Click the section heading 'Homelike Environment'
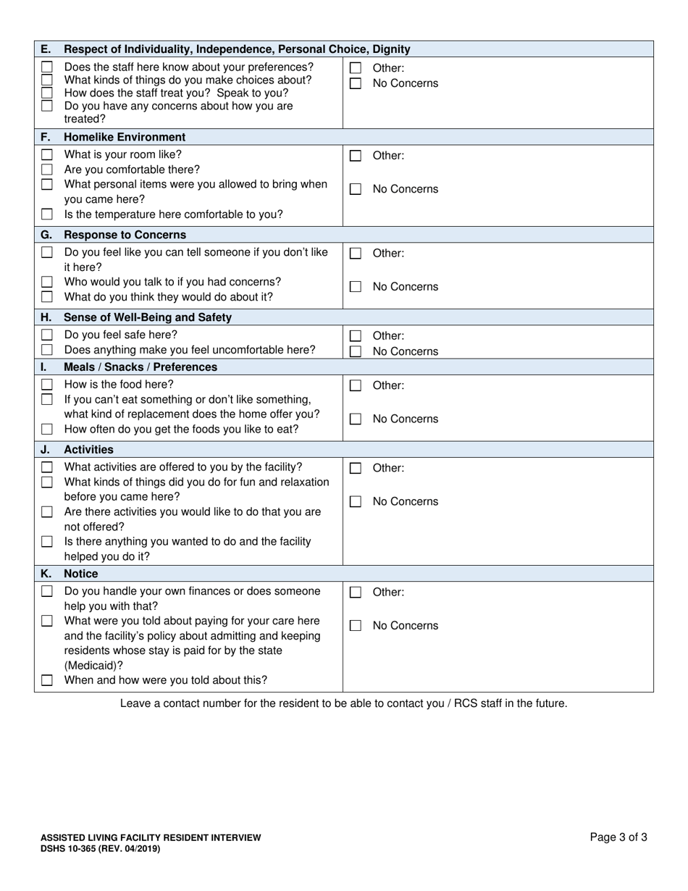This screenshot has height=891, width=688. coord(125,137)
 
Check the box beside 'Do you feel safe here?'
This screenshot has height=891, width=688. coord(47,335)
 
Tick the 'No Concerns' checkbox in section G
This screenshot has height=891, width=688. coord(355,287)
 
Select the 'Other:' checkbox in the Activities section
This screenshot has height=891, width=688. coord(355,469)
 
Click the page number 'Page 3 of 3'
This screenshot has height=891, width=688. coord(618,837)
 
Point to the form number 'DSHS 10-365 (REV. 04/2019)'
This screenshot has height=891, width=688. coord(101,848)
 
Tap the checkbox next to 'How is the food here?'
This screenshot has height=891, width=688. coord(47,385)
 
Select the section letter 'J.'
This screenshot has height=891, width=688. coord(46,450)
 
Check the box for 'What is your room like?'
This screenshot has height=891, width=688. coord(47,155)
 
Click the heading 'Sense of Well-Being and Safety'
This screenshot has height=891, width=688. coord(148,317)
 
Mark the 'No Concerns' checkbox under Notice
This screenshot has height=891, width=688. coord(355,626)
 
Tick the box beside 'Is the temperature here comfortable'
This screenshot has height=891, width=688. coord(47,214)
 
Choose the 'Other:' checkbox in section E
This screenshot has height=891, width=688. coord(355,69)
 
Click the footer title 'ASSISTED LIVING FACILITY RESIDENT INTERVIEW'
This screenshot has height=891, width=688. coord(151,837)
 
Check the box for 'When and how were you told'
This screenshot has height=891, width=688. coord(47,680)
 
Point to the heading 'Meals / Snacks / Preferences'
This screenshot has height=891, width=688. coord(140,367)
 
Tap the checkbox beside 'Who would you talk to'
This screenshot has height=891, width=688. coord(47,282)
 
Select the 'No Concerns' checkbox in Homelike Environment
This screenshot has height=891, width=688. coord(355,189)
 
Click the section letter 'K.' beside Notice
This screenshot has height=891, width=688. coord(46,574)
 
